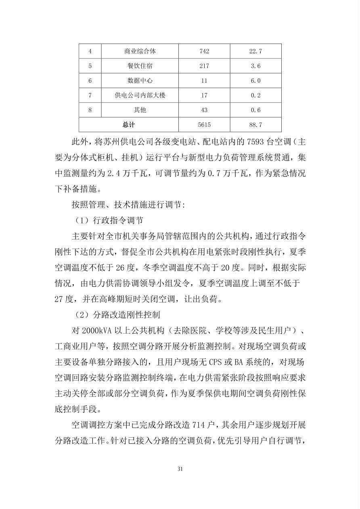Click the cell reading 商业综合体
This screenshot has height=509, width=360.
coord(140,51)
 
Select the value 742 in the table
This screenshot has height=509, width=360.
coord(204,51)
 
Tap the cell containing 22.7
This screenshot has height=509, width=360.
coord(255,51)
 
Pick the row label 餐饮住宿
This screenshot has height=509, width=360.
coord(140,66)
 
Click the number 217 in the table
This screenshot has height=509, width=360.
coord(204,66)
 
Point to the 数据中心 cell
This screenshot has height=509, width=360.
coord(140,81)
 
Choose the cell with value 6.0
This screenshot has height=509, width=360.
coord(255,81)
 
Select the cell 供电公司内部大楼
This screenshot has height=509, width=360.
coord(140,95)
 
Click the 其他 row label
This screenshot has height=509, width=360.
coord(140,110)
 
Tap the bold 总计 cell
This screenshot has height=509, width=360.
coord(129,125)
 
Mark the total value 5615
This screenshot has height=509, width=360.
coord(204,125)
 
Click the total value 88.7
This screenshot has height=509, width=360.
coord(255,125)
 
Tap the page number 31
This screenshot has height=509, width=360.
coord(180,469)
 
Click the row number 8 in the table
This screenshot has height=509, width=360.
coord(90,110)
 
